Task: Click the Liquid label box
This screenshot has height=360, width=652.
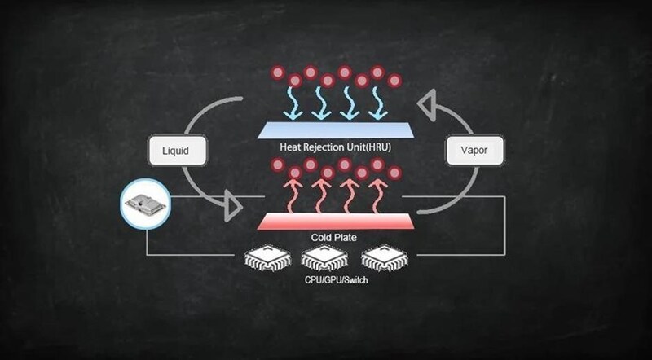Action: click(177, 150)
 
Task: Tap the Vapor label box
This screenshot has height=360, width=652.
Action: click(474, 150)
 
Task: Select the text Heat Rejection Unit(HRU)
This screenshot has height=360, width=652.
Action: click(335, 147)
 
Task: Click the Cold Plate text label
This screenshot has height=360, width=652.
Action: click(334, 237)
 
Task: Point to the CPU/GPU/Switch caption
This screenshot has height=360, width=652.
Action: click(337, 279)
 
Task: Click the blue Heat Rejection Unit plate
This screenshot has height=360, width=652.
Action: click(336, 130)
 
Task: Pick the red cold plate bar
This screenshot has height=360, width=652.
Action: click(336, 222)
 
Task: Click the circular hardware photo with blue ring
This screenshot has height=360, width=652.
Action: click(146, 204)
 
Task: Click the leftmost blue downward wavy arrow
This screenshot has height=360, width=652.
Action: click(295, 103)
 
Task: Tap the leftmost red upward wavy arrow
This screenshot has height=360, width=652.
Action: click(294, 195)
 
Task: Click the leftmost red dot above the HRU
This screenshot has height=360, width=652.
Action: click(278, 73)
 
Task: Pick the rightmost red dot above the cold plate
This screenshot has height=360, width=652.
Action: click(394, 172)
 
